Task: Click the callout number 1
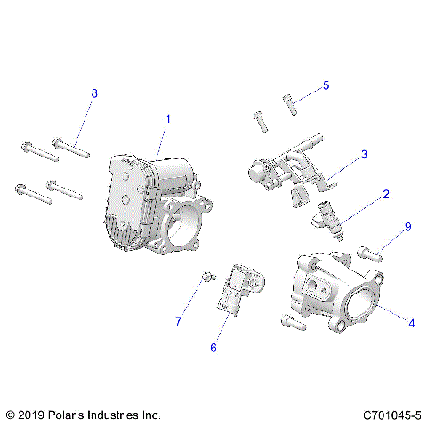point(167,118)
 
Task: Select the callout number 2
point(385,194)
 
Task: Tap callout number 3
point(364,155)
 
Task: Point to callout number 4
point(410,323)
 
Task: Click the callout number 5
point(326,85)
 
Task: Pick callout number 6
point(213,348)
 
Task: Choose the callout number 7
point(177,320)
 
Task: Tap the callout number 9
point(408,228)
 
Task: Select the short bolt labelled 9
point(370,252)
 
